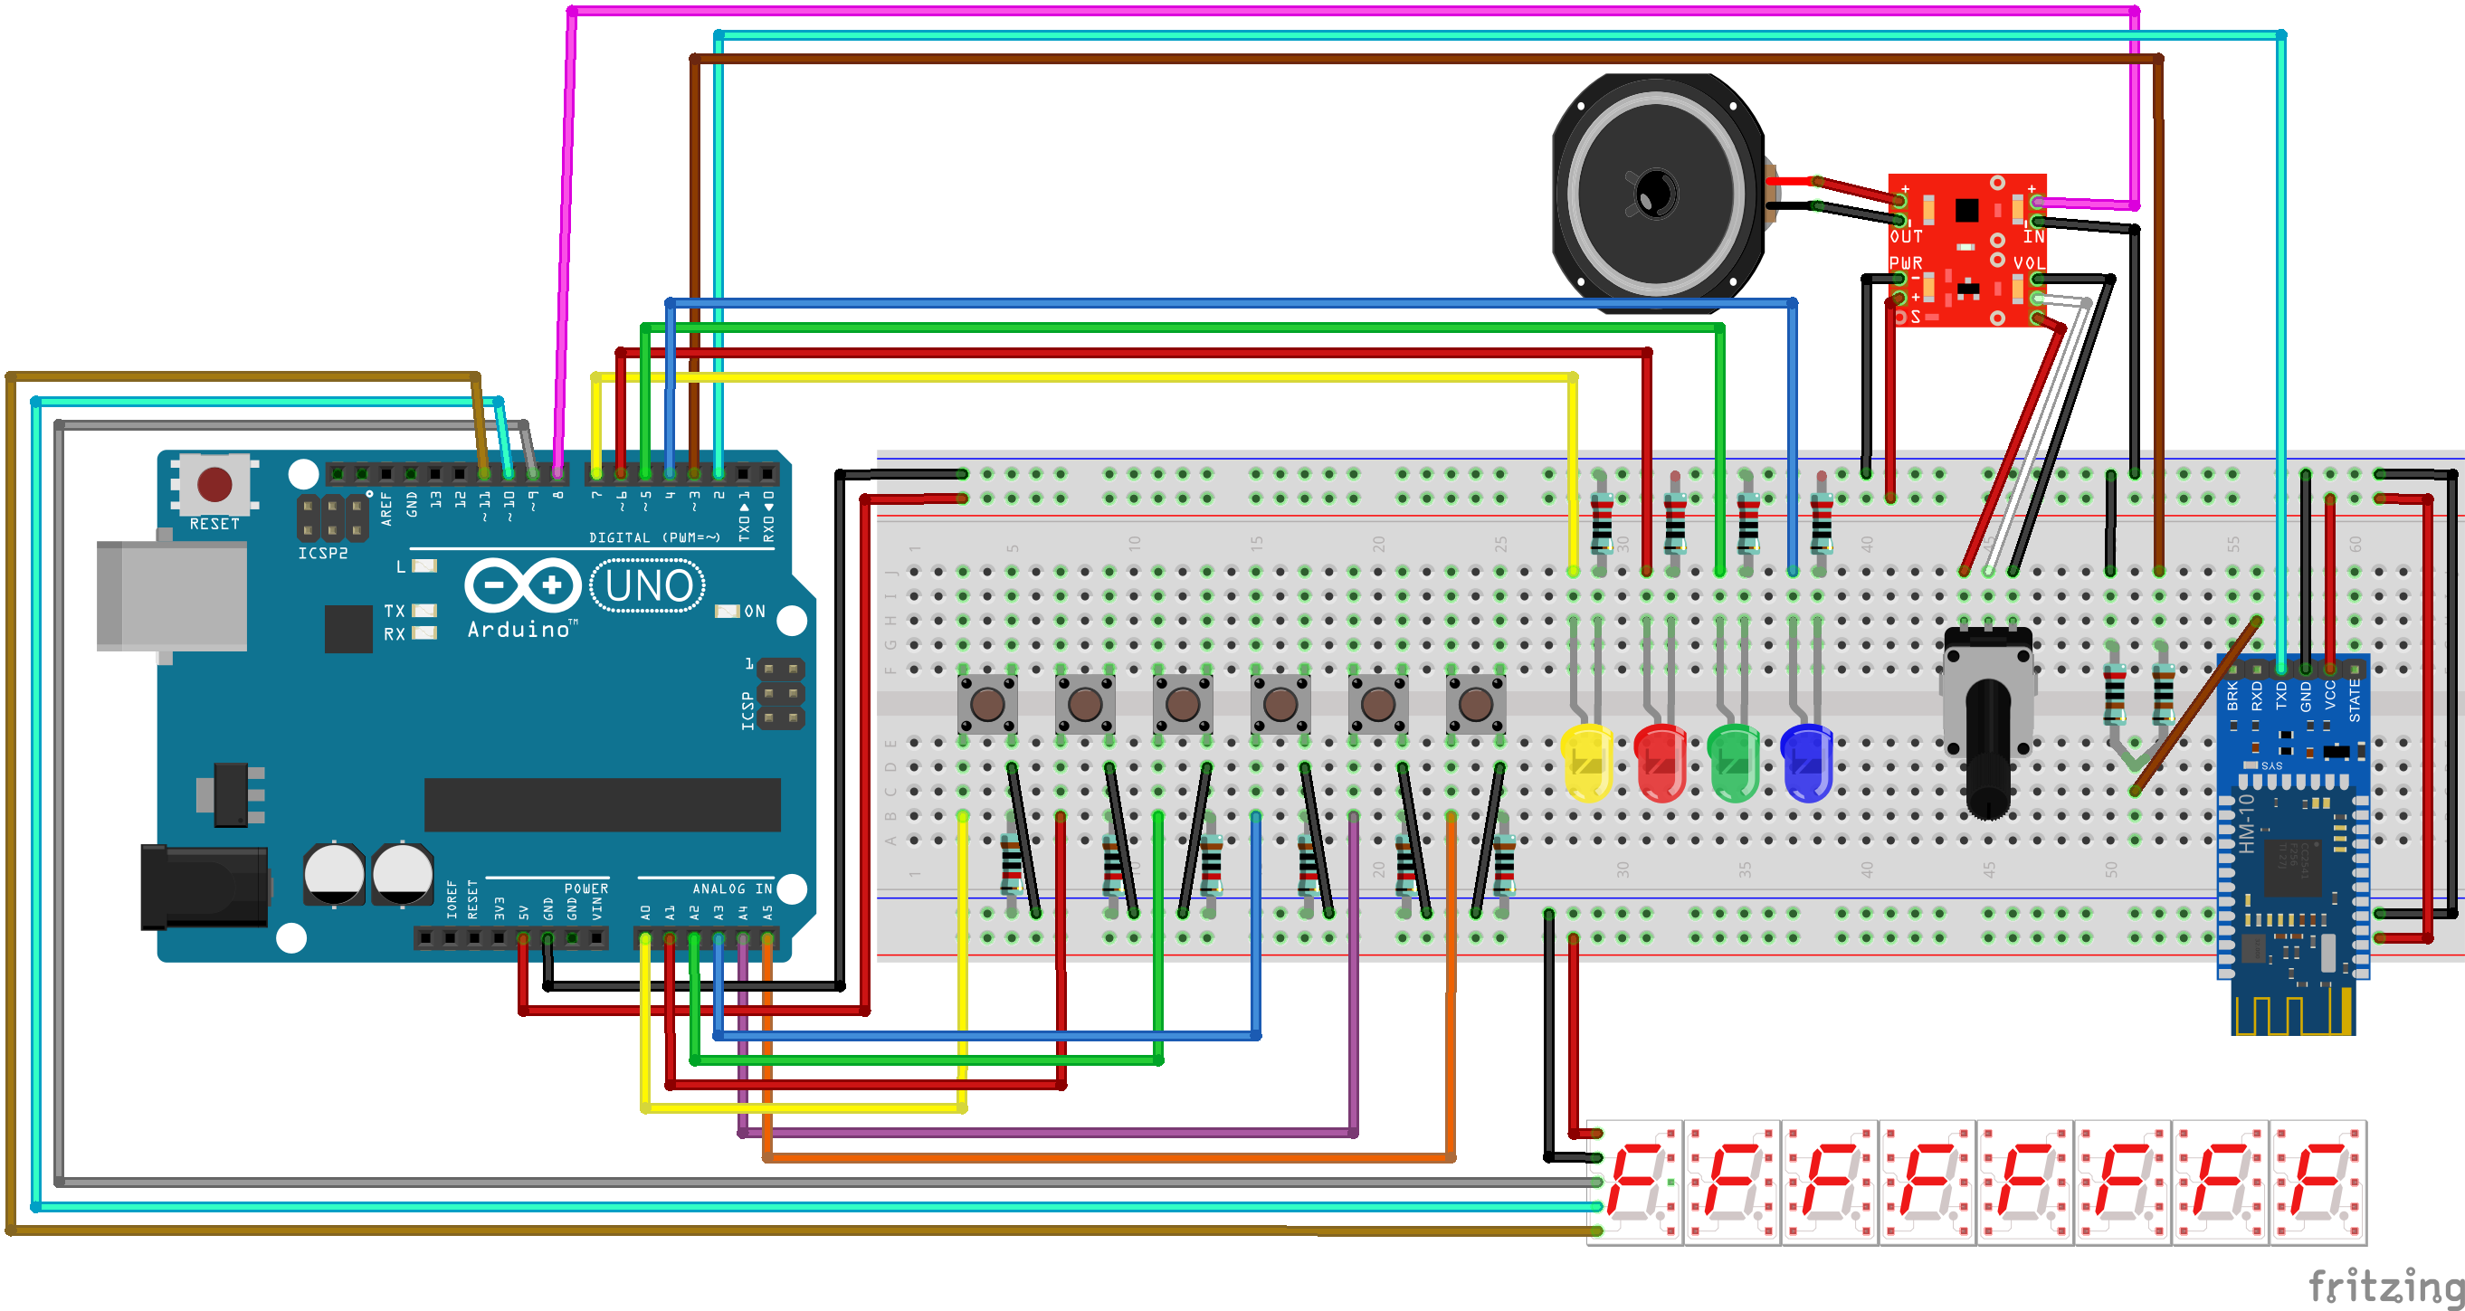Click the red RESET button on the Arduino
coord(214,484)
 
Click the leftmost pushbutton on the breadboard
coord(986,705)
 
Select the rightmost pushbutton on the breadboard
coord(1475,705)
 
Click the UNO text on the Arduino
coord(648,585)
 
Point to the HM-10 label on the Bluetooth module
coord(2247,824)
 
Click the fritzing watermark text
coord(2384,1285)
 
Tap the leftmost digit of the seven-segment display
coord(1635,1182)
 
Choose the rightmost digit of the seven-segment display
coord(2318,1182)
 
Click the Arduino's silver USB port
coord(172,596)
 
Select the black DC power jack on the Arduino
coord(204,887)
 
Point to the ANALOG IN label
coord(732,889)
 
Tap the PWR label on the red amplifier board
coord(1905,263)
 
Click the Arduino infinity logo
coord(522,584)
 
